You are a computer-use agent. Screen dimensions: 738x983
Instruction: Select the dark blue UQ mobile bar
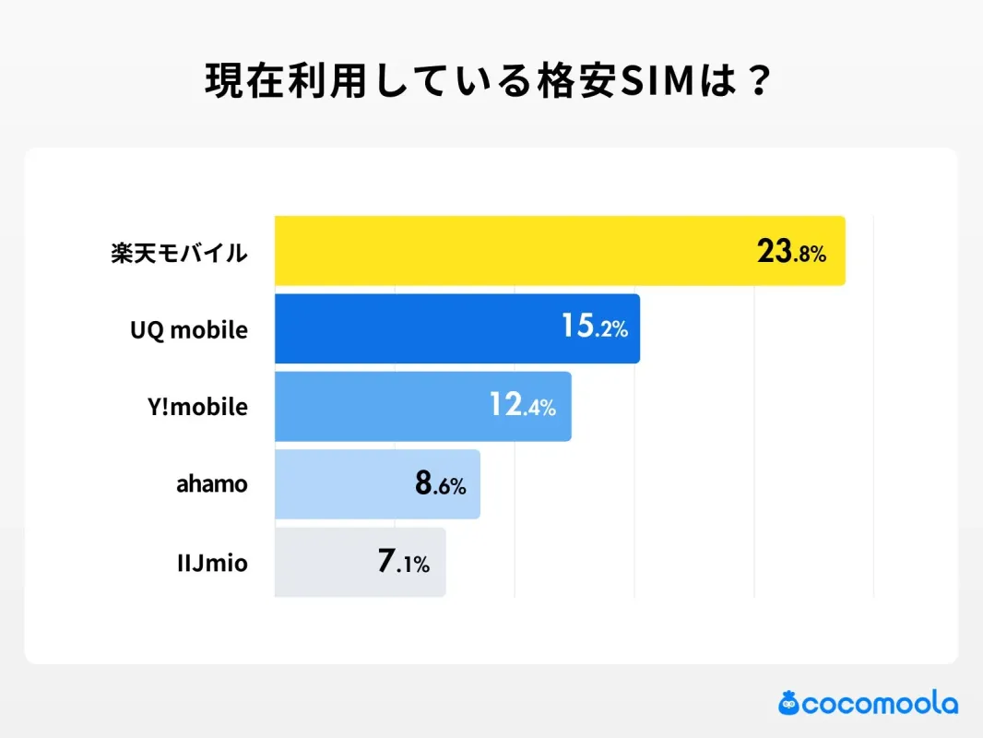pos(415,328)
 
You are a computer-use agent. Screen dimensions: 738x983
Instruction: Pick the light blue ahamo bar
pos(341,484)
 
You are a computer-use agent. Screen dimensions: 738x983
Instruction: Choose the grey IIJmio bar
pos(323,562)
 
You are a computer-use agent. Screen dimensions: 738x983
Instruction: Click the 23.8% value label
pos(791,252)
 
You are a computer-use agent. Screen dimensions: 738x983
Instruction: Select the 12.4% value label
pos(523,405)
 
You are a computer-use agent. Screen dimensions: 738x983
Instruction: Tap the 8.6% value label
pos(441,483)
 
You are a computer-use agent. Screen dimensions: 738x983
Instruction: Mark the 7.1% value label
pos(404,562)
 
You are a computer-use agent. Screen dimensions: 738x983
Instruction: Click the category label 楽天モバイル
pos(179,253)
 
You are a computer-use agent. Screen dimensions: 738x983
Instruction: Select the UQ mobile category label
pos(189,329)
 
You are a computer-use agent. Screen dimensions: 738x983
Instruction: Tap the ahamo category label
pos(212,483)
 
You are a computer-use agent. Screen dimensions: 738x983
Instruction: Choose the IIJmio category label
pos(212,562)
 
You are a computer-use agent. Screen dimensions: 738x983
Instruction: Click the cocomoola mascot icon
pos(788,704)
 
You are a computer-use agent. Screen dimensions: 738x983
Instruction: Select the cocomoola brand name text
pos(880,705)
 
